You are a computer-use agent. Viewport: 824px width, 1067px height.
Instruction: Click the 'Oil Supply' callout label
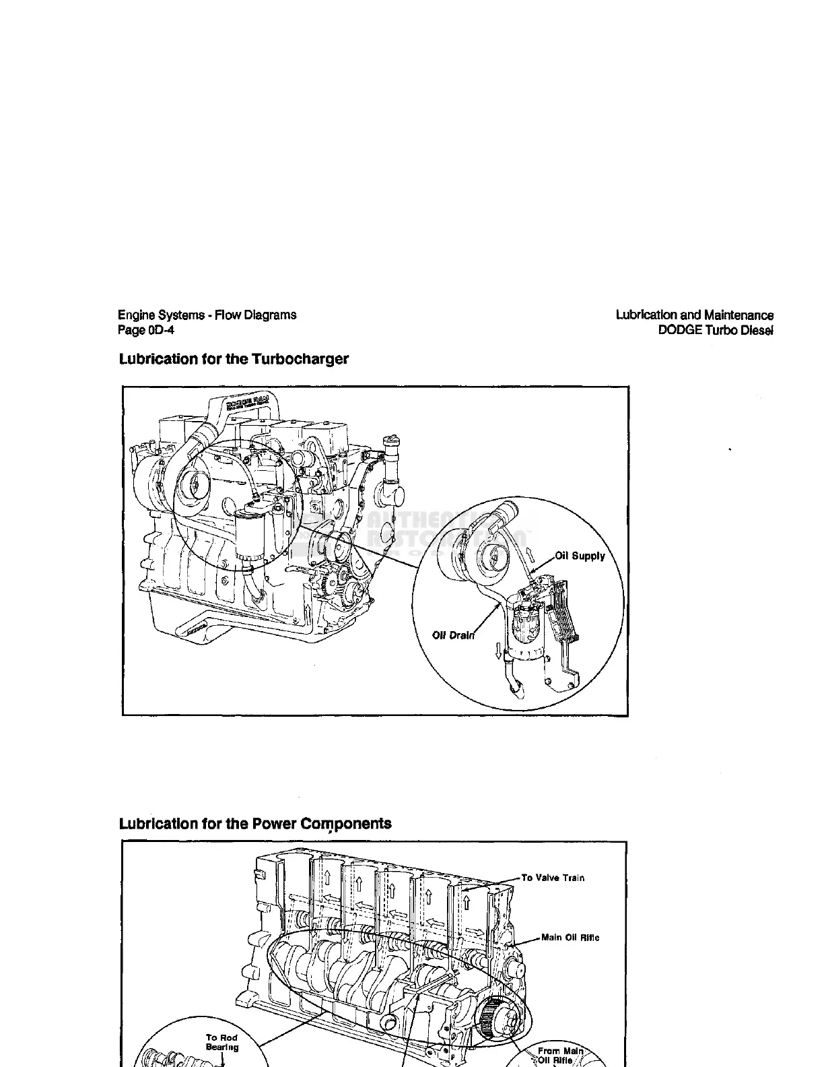point(580,556)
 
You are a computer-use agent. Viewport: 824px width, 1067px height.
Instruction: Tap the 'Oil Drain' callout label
point(453,635)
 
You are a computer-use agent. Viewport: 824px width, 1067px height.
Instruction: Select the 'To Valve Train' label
point(553,878)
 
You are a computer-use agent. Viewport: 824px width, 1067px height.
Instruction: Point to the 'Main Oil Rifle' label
point(570,938)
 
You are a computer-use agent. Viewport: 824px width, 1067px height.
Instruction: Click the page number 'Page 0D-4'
point(146,330)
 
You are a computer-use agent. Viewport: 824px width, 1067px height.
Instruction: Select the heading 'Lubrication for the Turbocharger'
point(234,358)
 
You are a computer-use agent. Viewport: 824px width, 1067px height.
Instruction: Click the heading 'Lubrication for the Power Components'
point(255,824)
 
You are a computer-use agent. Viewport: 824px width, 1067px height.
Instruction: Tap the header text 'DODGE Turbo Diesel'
point(716,330)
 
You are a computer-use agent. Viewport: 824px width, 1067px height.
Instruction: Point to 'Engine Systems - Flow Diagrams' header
point(207,315)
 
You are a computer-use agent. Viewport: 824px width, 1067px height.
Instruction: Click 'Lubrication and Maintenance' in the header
point(695,315)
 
